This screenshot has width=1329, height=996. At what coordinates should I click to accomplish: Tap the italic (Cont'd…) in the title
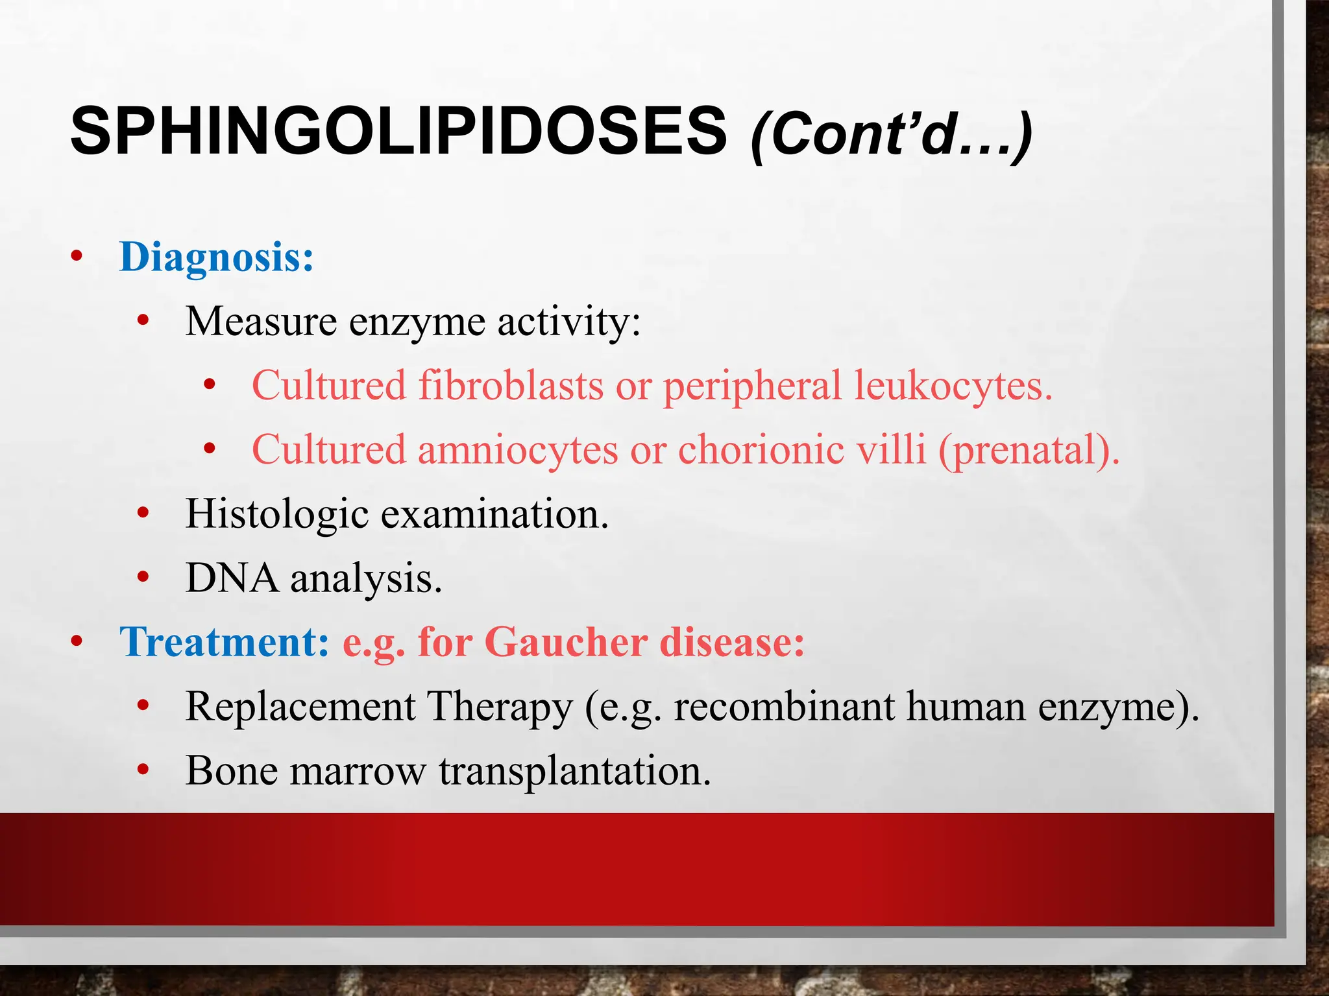coord(891,135)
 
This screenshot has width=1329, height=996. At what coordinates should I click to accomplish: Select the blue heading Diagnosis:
coord(217,257)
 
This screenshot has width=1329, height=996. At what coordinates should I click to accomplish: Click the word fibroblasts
coord(511,385)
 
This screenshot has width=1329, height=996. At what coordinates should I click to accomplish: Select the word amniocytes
coord(517,449)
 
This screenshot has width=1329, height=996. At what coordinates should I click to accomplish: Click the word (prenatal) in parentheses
coord(1028,449)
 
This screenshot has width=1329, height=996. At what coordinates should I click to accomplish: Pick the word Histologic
coord(277,514)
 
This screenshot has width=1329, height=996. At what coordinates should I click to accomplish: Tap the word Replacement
coord(300,706)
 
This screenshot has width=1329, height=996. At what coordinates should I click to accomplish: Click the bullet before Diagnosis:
coord(77,257)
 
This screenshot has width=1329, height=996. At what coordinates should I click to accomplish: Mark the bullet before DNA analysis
coord(143,577)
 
